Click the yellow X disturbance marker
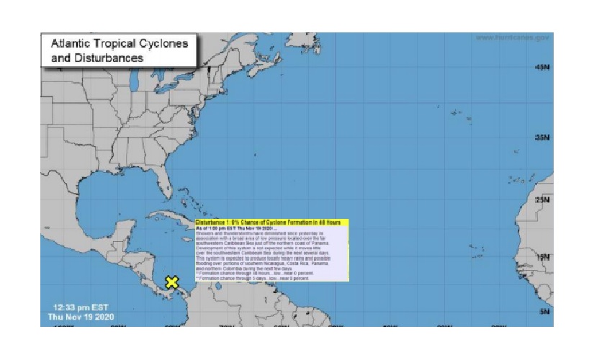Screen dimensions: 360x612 171,282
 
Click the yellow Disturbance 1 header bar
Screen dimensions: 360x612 272,223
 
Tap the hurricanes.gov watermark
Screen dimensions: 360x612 513,37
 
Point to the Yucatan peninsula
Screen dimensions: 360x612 130,229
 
